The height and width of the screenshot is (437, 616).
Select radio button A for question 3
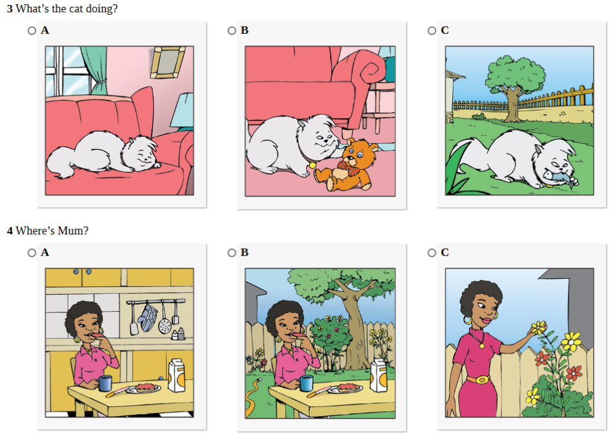point(32,31)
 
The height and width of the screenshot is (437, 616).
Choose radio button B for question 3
point(232,31)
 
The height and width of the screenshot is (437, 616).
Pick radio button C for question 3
point(432,31)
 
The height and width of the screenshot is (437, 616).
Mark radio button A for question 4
point(32,253)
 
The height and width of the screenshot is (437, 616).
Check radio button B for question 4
point(232,253)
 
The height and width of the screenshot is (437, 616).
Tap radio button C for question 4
point(432,253)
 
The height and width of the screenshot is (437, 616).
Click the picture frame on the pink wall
point(168,62)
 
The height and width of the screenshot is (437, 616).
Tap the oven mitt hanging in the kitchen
point(149,317)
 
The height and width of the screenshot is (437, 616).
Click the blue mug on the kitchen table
point(105,383)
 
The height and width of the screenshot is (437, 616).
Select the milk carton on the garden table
point(379,375)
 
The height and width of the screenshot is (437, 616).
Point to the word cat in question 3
point(76,9)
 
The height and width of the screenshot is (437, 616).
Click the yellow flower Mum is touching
point(538,327)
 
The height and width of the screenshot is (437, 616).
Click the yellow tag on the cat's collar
point(312,165)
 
